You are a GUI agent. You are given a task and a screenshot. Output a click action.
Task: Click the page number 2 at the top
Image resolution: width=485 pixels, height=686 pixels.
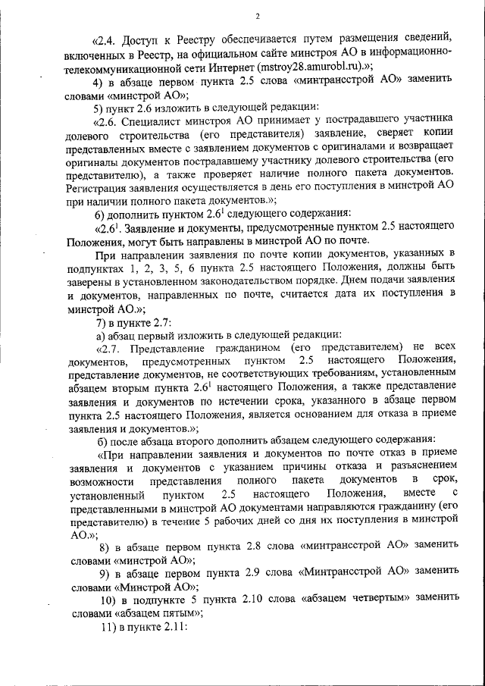click(x=258, y=17)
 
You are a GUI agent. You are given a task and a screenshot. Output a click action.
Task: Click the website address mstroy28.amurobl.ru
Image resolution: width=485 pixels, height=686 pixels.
click(x=318, y=67)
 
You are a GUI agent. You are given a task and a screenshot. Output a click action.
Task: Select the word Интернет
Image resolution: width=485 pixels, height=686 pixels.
click(x=242, y=67)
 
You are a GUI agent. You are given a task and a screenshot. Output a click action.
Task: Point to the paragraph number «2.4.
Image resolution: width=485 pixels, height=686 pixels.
click(x=105, y=37)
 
